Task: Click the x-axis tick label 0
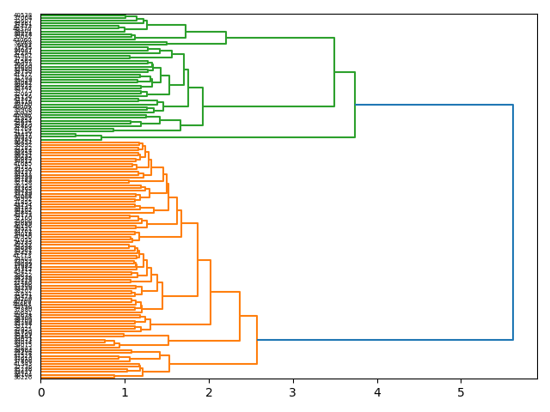(40, 392)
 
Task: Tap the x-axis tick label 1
(125, 392)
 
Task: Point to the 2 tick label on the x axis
(209, 392)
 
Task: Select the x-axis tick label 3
(293, 392)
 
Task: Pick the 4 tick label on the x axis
(376, 392)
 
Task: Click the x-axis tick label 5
(461, 392)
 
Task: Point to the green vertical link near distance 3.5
(334, 72)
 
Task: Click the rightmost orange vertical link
(257, 340)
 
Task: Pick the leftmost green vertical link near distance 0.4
(76, 136)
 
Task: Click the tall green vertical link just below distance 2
(203, 106)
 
